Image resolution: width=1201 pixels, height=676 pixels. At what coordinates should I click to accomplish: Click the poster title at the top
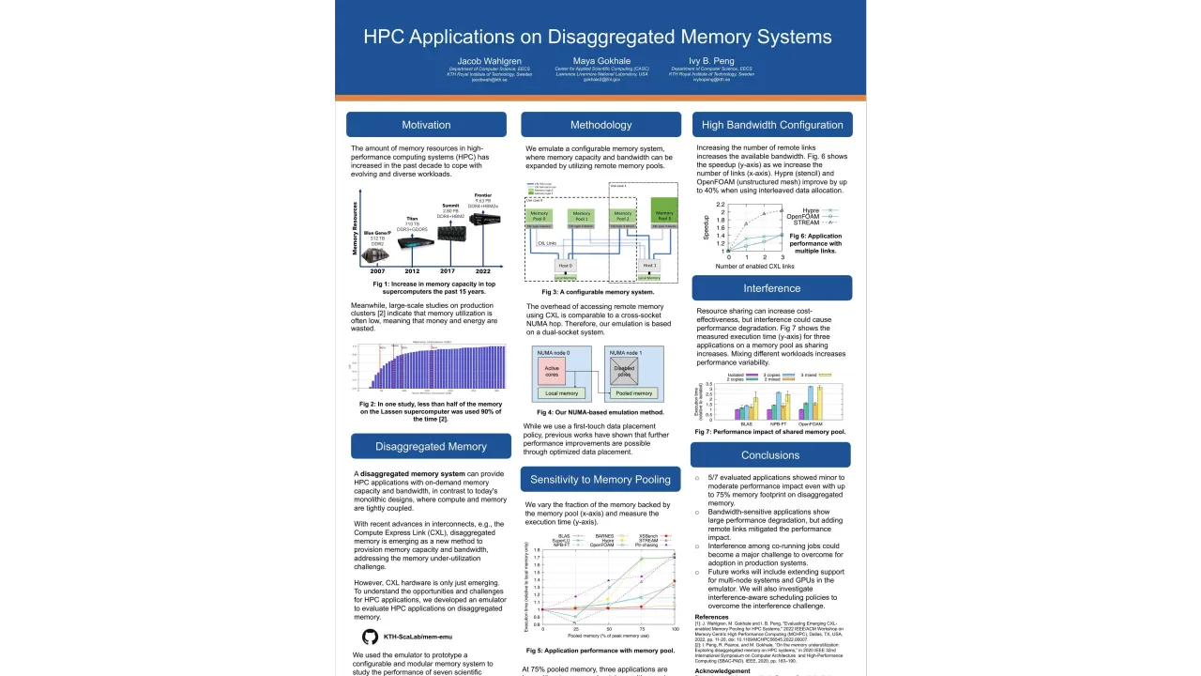point(598,37)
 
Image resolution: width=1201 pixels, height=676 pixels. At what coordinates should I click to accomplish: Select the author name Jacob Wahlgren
point(489,61)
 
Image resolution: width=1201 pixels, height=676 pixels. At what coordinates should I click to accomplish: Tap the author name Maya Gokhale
point(601,61)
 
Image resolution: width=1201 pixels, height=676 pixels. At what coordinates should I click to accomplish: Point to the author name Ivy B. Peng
point(711,61)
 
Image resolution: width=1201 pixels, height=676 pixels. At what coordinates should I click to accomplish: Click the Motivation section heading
point(426,125)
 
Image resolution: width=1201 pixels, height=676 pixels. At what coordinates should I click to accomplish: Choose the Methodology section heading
point(600,125)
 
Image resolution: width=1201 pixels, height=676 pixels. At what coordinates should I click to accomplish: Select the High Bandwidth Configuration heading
point(772,125)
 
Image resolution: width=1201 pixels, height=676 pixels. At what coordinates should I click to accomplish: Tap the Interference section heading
point(772,288)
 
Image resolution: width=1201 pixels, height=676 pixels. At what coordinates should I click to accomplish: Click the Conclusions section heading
point(770,455)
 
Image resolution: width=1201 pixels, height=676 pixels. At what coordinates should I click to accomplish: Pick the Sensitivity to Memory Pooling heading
point(600,480)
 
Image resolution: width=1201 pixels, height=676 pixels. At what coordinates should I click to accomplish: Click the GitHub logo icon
point(370,637)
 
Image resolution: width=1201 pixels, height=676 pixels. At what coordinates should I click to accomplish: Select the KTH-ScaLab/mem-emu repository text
point(418,638)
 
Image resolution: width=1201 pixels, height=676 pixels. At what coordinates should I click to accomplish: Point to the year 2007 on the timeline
point(376,271)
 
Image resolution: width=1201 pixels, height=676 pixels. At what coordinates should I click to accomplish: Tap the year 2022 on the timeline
point(482,271)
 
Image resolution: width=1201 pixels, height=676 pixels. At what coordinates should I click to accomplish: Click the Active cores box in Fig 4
point(552,372)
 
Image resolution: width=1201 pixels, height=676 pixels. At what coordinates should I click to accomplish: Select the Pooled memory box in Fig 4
point(634,393)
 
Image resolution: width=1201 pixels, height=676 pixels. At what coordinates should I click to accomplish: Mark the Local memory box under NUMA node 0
point(561,393)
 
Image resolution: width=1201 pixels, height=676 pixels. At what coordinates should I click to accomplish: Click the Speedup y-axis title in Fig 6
point(707,227)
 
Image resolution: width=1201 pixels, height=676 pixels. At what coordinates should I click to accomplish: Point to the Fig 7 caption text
point(769,432)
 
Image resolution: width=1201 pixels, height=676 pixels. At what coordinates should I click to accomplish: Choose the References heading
point(711,617)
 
